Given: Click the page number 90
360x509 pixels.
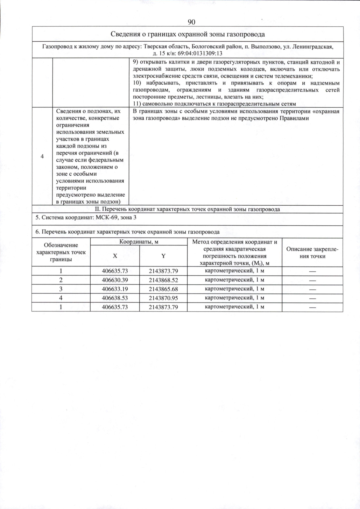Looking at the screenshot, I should click(191, 22).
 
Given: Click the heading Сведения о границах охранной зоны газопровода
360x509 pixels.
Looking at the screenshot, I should click(187, 34).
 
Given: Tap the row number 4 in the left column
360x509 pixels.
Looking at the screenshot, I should click(42, 156).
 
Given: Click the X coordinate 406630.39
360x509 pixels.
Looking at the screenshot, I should click(115, 280).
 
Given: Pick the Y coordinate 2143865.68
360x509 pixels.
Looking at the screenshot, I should click(163, 289).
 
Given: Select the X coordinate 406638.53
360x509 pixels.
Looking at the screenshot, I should click(115, 298).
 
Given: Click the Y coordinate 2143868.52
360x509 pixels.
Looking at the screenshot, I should click(163, 280).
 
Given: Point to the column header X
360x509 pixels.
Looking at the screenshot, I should click(115, 256).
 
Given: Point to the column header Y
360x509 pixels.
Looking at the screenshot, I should click(163, 256).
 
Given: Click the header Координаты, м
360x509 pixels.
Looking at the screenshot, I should click(139, 242).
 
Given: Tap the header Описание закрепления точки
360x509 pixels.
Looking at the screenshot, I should click(312, 253).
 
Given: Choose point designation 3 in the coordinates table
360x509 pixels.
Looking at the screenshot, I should click(61, 289).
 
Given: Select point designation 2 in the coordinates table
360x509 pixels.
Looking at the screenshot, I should click(61, 280).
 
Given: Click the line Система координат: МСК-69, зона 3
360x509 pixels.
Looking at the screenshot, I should click(86, 218).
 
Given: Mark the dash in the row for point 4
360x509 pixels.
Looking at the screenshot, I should click(313, 298).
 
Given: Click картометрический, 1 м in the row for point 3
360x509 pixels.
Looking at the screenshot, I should click(234, 289).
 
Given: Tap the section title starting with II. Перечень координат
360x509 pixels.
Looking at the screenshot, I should click(187, 209).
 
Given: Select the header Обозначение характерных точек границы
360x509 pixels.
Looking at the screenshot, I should click(61, 252).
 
